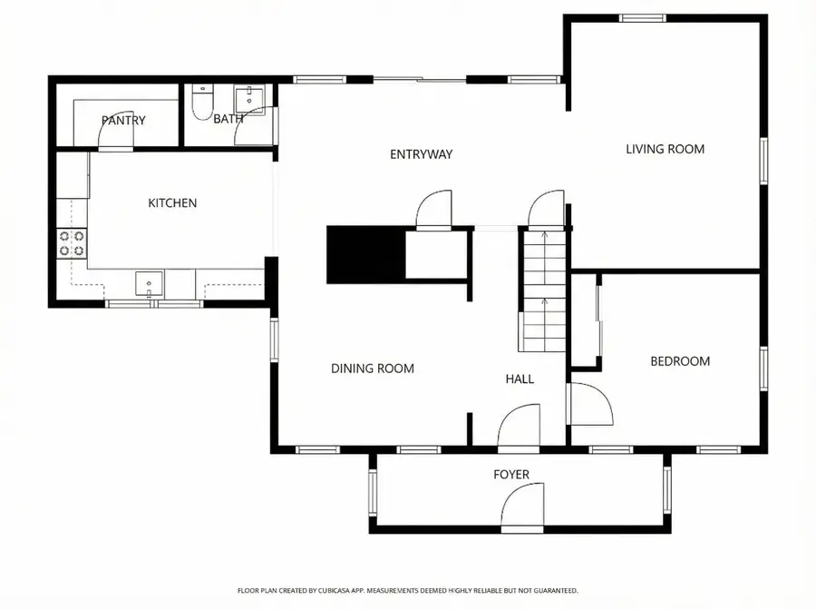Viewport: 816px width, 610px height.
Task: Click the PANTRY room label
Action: tap(123, 120)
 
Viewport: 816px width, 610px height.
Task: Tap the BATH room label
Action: tap(228, 119)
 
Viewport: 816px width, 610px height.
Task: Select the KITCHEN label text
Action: tap(172, 203)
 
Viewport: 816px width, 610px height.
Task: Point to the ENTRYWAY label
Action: tap(421, 154)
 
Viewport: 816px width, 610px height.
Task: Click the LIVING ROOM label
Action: tap(665, 149)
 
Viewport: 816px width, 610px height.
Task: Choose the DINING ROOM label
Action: tap(372, 369)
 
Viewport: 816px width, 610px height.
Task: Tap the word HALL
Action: tap(520, 379)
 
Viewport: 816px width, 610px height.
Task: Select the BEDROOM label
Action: tap(680, 361)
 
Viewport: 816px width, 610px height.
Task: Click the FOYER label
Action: tap(510, 475)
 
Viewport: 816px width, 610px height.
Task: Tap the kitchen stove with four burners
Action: tap(73, 243)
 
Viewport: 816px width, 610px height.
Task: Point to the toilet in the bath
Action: tap(202, 103)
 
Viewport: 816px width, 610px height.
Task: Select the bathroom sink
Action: tap(247, 98)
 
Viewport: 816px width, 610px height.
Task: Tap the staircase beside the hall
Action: tap(542, 290)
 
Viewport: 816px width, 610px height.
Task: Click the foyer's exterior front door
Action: tap(523, 508)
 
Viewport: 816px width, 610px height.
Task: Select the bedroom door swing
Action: tap(589, 404)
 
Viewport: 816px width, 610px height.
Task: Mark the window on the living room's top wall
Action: tap(642, 17)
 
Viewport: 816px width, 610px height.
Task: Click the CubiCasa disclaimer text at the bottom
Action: tap(407, 591)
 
